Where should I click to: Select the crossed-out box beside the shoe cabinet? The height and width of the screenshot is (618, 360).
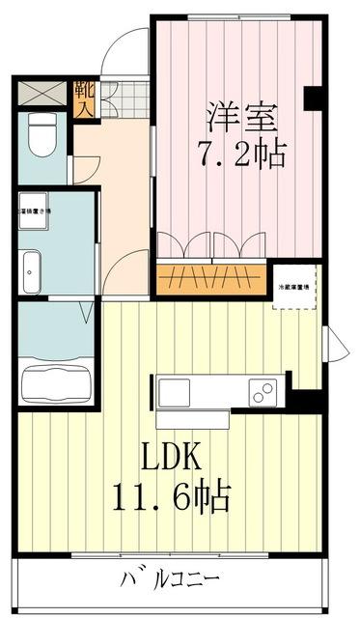coord(42,95)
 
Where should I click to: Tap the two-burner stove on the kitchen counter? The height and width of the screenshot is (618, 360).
coord(262,391)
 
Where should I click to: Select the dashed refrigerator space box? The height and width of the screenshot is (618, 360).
coord(295,289)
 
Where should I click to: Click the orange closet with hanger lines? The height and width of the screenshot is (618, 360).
coord(210,279)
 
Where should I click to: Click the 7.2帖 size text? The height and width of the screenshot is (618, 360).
coord(240,153)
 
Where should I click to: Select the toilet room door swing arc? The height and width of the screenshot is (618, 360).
coord(85,165)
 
